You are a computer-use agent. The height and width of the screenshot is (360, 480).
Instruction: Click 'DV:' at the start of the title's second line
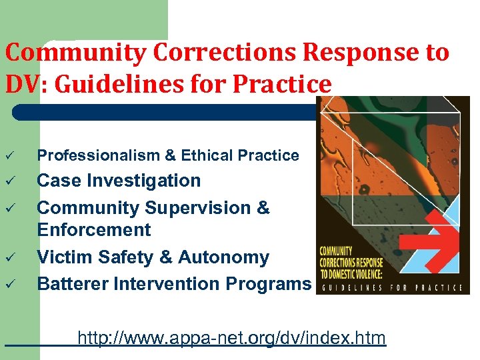[25, 85]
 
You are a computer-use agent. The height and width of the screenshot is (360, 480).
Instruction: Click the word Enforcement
[94, 230]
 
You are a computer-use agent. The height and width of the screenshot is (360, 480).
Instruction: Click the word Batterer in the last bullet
[73, 284]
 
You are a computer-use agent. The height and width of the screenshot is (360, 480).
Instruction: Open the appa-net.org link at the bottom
[231, 338]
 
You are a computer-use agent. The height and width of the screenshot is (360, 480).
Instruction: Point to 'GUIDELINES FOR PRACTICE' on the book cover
[392, 288]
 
